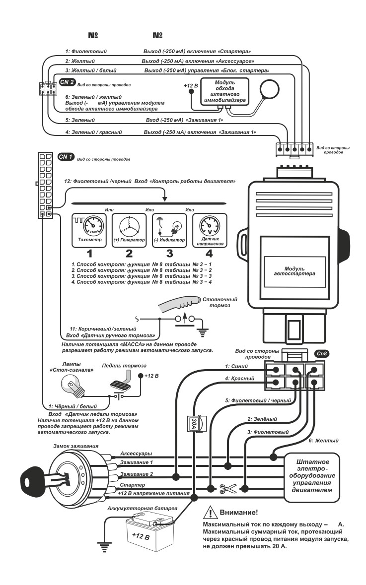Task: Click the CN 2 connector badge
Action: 67,82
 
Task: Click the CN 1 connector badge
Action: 67,157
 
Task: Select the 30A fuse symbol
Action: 194,423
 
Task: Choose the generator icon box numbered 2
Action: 129,230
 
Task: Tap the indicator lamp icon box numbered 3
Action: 169,230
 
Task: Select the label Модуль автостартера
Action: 294,271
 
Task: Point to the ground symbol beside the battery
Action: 104,546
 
